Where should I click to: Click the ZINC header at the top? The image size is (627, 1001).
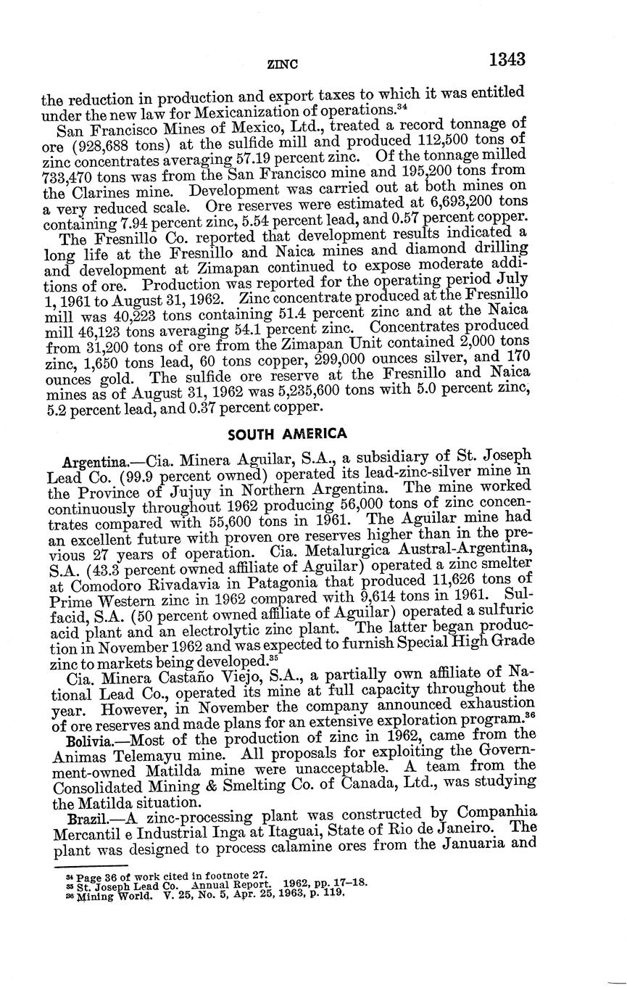pyautogui.click(x=283, y=64)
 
